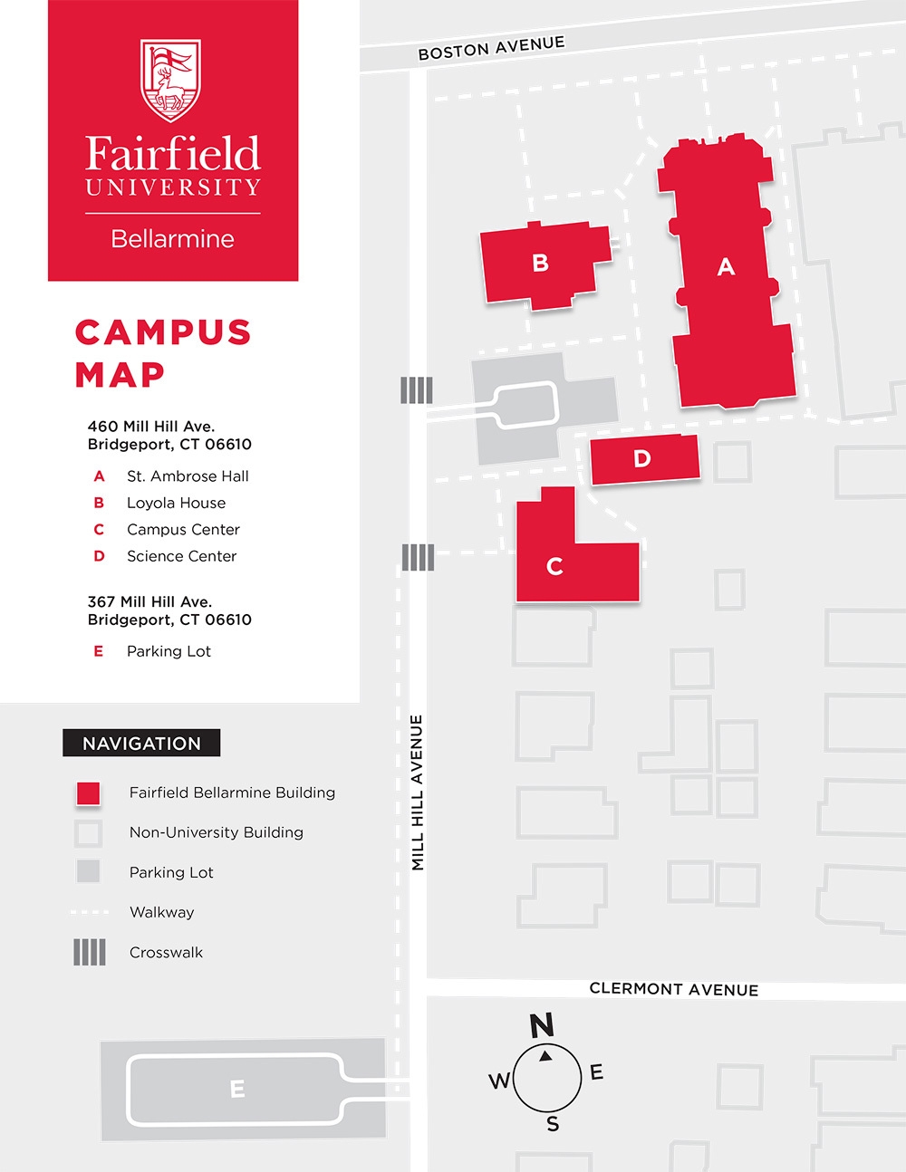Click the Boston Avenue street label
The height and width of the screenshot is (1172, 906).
click(491, 47)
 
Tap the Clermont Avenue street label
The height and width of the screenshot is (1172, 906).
click(673, 989)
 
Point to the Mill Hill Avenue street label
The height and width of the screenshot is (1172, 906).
click(418, 793)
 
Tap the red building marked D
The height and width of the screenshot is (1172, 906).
click(642, 458)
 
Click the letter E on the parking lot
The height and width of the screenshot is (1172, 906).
click(237, 1089)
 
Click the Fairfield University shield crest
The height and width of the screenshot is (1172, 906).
click(170, 81)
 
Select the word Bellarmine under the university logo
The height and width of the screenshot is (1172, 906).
click(172, 239)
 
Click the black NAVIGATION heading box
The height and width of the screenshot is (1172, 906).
click(141, 744)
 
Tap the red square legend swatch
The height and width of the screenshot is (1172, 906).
click(88, 793)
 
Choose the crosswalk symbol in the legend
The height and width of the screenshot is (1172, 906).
click(89, 952)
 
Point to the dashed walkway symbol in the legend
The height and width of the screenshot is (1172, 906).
click(89, 912)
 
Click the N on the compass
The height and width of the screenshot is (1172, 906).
click(542, 1025)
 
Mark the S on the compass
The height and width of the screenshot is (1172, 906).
click(553, 1124)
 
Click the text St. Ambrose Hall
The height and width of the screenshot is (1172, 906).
click(188, 476)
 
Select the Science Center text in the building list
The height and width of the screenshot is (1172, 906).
click(181, 556)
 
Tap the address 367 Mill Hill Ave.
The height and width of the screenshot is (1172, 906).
click(149, 601)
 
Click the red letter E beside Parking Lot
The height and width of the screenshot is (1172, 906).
click(99, 651)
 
